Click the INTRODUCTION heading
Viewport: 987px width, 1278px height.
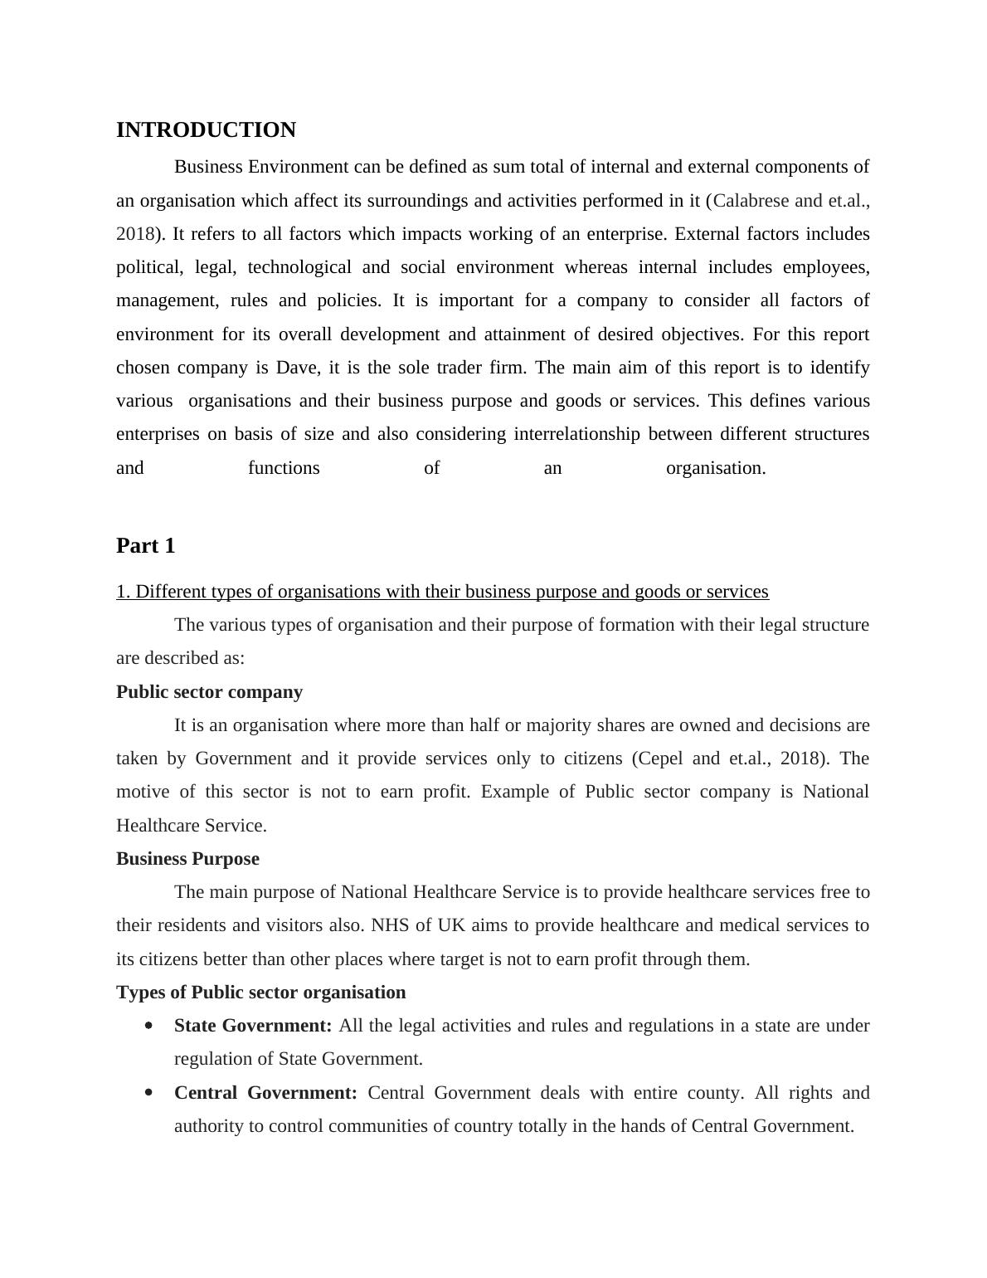pyautogui.click(x=206, y=130)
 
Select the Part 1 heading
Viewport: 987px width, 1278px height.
pyautogui.click(x=145, y=546)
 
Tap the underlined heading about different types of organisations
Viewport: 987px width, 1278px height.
pyautogui.click(x=442, y=592)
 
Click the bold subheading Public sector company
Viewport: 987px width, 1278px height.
pyautogui.click(x=209, y=692)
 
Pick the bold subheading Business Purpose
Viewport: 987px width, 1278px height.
pyautogui.click(x=187, y=859)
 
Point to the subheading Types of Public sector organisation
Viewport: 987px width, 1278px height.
pyautogui.click(x=260, y=993)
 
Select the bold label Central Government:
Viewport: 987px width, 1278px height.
pyautogui.click(x=265, y=1093)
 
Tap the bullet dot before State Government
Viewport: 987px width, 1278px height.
pyautogui.click(x=148, y=1026)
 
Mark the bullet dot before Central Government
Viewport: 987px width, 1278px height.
pyautogui.click(x=148, y=1093)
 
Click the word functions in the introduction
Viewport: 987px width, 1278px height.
pyautogui.click(x=284, y=468)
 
